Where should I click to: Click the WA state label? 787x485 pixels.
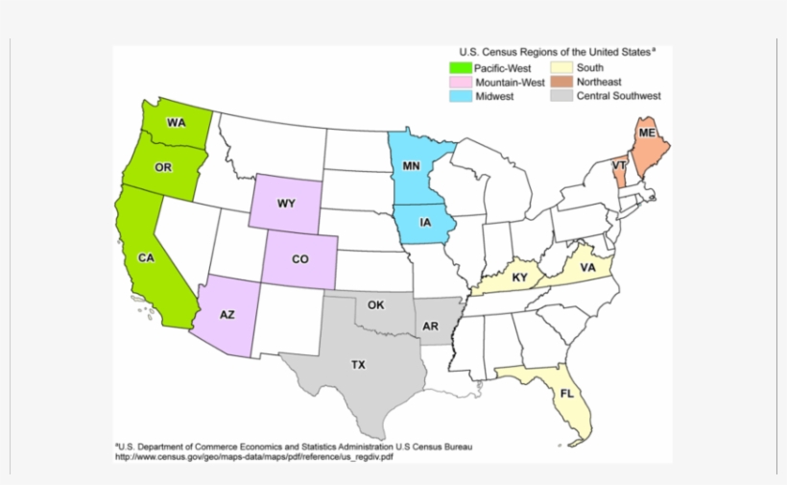click(x=176, y=123)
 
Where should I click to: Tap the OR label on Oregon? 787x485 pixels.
click(x=163, y=168)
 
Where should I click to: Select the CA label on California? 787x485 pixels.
click(x=146, y=258)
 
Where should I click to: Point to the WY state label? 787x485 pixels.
click(x=286, y=204)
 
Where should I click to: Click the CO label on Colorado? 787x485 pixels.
click(x=300, y=258)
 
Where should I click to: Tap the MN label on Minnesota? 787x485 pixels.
click(x=411, y=166)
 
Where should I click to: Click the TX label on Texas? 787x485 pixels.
click(x=357, y=365)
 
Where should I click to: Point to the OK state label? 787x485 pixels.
click(x=376, y=305)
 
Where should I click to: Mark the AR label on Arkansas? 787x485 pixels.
click(x=431, y=327)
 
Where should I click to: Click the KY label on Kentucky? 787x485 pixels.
click(x=519, y=279)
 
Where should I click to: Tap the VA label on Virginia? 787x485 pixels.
click(x=587, y=268)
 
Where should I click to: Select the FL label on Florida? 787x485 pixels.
click(x=568, y=393)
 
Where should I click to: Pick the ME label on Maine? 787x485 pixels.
click(x=647, y=132)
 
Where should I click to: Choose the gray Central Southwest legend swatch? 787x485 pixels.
click(x=561, y=96)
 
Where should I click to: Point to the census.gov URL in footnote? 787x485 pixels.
click(x=254, y=457)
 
